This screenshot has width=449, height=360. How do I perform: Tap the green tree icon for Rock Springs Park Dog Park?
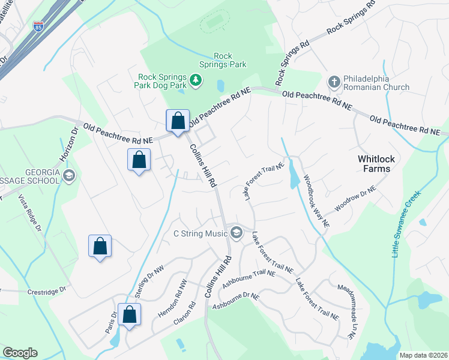point(195,80)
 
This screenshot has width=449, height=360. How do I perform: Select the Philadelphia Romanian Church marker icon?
point(334,80)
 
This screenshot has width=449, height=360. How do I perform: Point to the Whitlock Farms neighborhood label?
point(382,164)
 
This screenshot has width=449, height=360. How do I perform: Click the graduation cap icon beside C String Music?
point(237,233)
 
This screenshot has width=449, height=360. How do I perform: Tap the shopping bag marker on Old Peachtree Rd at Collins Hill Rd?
point(178,121)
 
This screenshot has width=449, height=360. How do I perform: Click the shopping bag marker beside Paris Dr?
point(129,314)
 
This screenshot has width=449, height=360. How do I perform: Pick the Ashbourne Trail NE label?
point(249,280)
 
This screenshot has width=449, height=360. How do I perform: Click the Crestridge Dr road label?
point(46,292)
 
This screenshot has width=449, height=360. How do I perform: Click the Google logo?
point(20,353)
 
